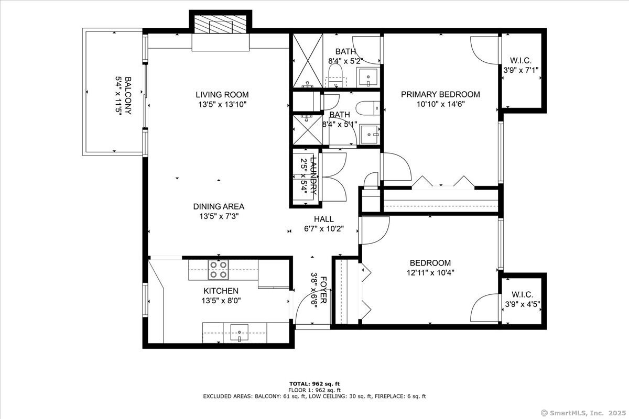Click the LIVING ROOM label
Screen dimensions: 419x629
point(222,95)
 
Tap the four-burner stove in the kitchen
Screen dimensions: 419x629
point(218,269)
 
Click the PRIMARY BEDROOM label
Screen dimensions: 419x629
point(440,94)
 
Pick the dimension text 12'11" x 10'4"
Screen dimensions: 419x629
point(430,272)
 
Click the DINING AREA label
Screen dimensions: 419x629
point(219,206)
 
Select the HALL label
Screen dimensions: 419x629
point(324,219)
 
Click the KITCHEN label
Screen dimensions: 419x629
point(221,291)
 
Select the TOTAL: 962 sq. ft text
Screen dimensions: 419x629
point(314,383)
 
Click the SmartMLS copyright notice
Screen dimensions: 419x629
point(583,412)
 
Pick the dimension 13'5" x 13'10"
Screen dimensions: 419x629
point(222,104)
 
